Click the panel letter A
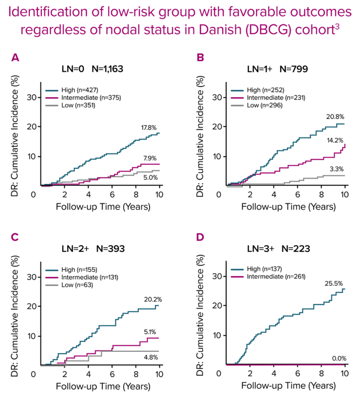point(15,58)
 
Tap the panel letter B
point(200,58)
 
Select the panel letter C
point(15,237)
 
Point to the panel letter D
point(200,237)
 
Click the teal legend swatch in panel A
point(52,91)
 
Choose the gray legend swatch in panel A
point(52,106)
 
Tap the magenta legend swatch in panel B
point(237,98)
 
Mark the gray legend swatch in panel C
point(52,285)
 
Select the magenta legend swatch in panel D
point(237,277)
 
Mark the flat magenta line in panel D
point(291,365)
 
